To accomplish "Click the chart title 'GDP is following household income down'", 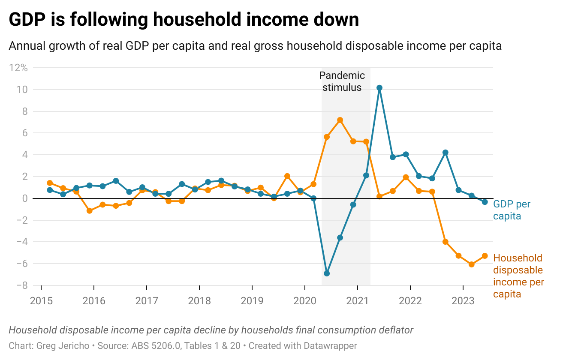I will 184,20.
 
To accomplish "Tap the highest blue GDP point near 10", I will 379,88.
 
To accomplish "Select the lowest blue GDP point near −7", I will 327,273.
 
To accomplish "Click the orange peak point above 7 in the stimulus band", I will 340,120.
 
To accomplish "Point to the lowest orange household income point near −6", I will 471,264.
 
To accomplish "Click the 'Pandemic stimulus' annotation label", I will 342,81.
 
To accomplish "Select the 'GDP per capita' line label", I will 512,210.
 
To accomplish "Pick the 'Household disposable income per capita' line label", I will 518,276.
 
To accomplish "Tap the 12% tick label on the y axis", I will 18,68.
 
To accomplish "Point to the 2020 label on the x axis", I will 304,301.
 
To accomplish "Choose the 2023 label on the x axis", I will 463,301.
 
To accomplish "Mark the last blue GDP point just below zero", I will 485,202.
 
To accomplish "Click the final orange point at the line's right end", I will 485,256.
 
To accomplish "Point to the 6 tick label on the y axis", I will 24,133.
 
